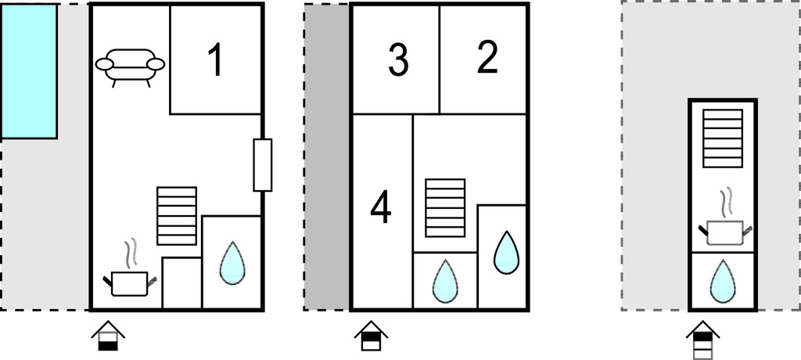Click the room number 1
pyautogui.click(x=214, y=61)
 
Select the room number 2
pyautogui.click(x=487, y=59)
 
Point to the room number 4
pyautogui.click(x=381, y=208)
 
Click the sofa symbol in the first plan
pyautogui.click(x=130, y=67)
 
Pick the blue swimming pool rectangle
pyautogui.click(x=29, y=71)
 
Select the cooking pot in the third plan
pyautogui.click(x=724, y=230)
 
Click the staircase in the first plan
pyautogui.click(x=176, y=215)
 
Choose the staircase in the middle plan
pyautogui.click(x=445, y=207)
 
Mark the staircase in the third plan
pyautogui.click(x=722, y=137)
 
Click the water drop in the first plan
pyautogui.click(x=232, y=263)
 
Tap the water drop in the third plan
pyautogui.click(x=722, y=282)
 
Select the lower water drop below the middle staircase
pyautogui.click(x=445, y=281)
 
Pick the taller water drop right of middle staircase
pyautogui.click(x=506, y=252)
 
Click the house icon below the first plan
pyautogui.click(x=108, y=336)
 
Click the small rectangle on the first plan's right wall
pyautogui.click(x=263, y=164)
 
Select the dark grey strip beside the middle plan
pyautogui.click(x=327, y=157)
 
